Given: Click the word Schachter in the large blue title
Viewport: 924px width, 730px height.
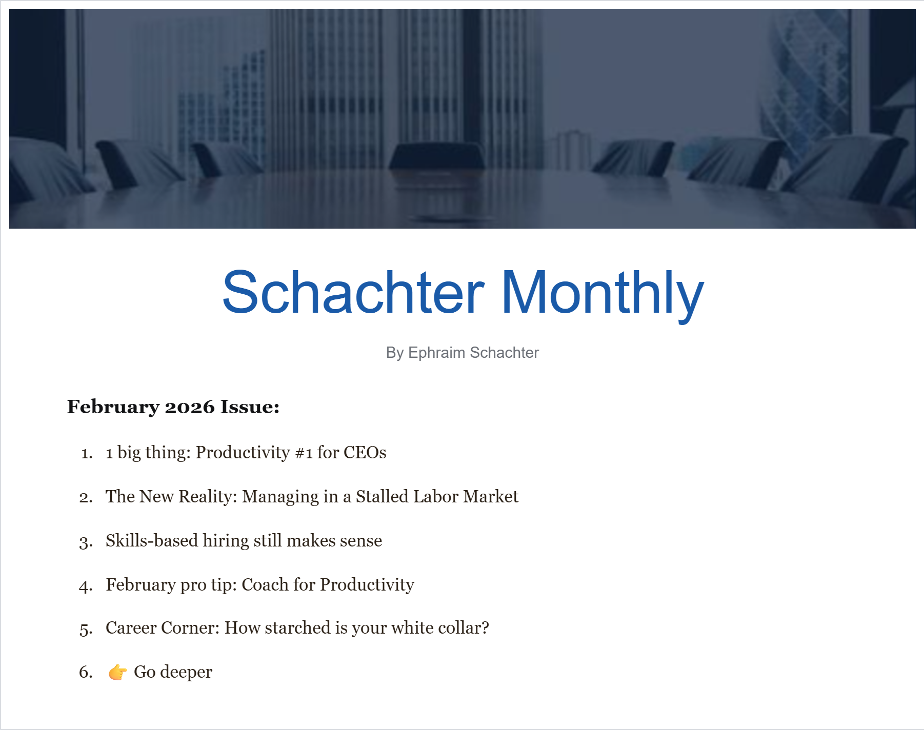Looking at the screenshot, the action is click(353, 292).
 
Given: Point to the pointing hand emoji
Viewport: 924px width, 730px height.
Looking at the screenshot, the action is click(117, 672).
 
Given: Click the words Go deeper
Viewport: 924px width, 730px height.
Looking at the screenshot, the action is click(173, 672).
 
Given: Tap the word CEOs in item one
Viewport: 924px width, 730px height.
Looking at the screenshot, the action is click(365, 453).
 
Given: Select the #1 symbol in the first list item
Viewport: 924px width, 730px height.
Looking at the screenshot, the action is click(304, 453).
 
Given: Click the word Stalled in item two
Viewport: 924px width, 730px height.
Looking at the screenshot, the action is click(382, 497).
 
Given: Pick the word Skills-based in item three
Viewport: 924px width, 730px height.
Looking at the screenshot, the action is click(152, 541).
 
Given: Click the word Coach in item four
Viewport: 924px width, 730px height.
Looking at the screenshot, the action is click(265, 585).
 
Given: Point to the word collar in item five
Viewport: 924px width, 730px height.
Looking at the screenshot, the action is click(460, 628).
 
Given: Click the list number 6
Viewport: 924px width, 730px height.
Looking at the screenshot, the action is click(86, 672).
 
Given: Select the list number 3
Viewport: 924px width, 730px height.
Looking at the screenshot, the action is click(86, 542).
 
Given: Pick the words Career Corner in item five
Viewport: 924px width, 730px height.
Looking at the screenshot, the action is click(163, 628).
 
